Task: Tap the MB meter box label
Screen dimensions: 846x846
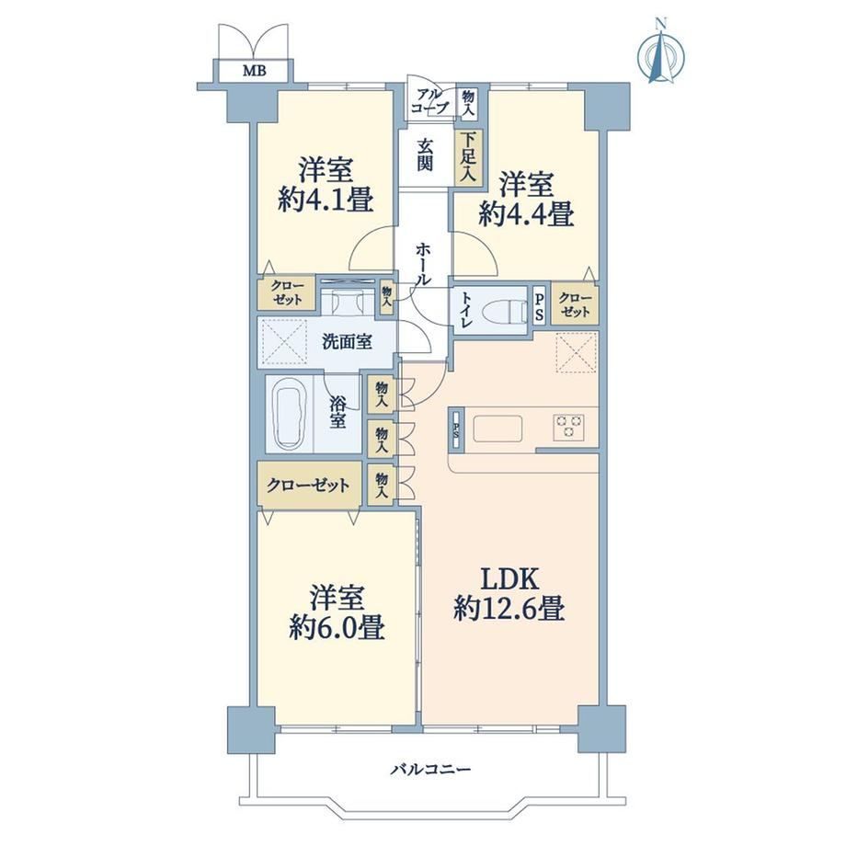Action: tap(254, 70)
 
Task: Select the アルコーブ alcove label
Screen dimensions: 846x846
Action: tap(429, 101)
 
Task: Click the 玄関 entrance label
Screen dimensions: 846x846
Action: tap(425, 155)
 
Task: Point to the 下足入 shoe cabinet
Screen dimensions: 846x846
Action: tap(468, 158)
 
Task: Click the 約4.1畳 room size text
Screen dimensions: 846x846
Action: tap(326, 201)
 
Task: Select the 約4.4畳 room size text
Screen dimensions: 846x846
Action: tap(526, 215)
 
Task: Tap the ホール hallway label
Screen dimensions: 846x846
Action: tap(424, 264)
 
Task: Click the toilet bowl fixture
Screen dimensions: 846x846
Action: tap(505, 313)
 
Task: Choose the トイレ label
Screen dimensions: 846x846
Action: tap(467, 312)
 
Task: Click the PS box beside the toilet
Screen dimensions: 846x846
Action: tap(539, 305)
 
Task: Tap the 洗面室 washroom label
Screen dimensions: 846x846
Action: tap(347, 341)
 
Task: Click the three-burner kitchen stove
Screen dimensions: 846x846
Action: tap(567, 426)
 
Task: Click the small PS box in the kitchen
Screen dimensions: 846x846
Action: tap(456, 430)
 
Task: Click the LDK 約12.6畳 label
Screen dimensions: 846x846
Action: tap(509, 595)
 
